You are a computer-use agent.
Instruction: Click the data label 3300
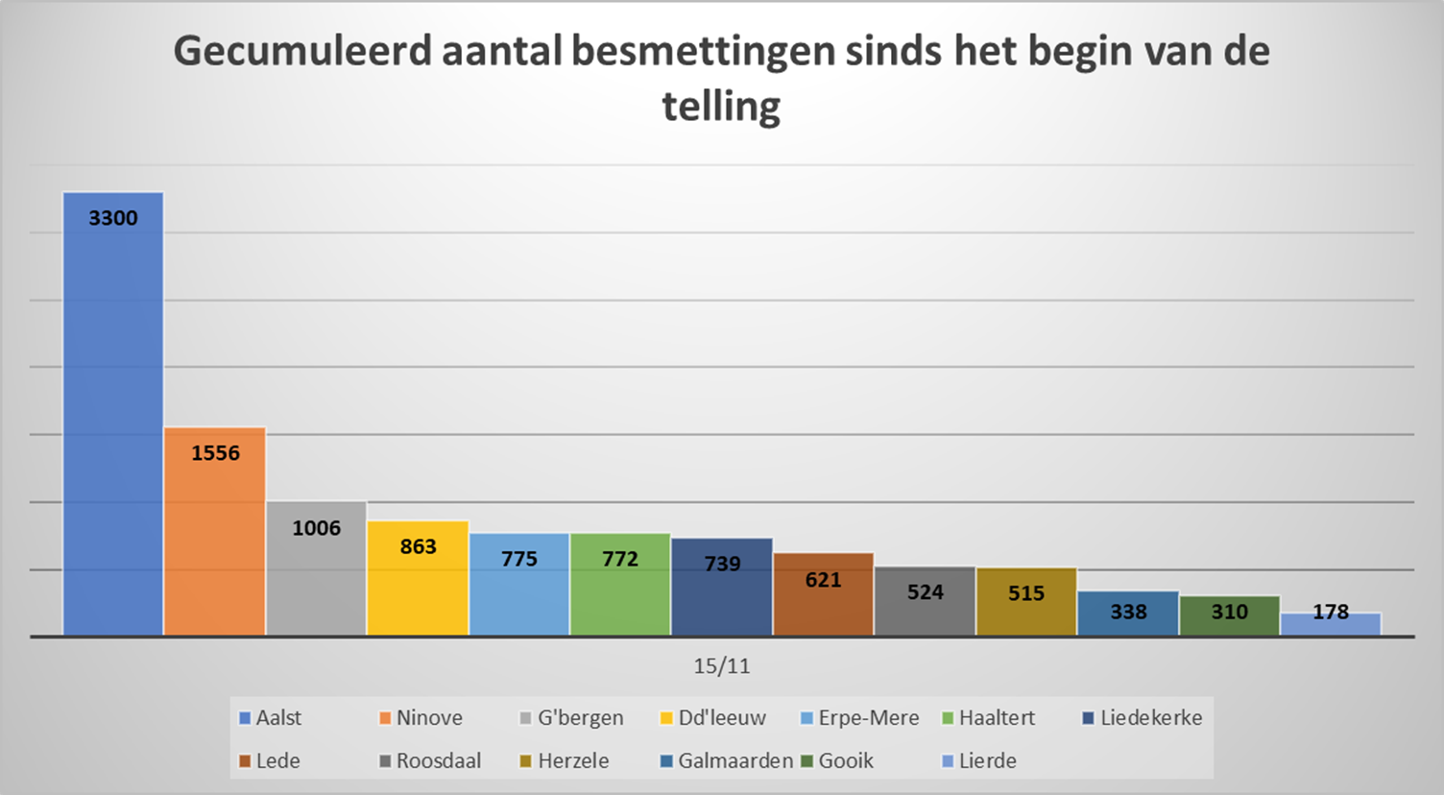coord(113,218)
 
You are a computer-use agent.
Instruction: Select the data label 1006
coord(317,528)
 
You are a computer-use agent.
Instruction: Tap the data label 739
coord(722,564)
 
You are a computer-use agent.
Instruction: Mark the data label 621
coord(823,580)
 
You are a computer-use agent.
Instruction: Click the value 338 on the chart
coord(1128,612)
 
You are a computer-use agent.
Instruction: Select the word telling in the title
coord(721,106)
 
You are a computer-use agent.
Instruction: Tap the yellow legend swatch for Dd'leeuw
coord(666,718)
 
